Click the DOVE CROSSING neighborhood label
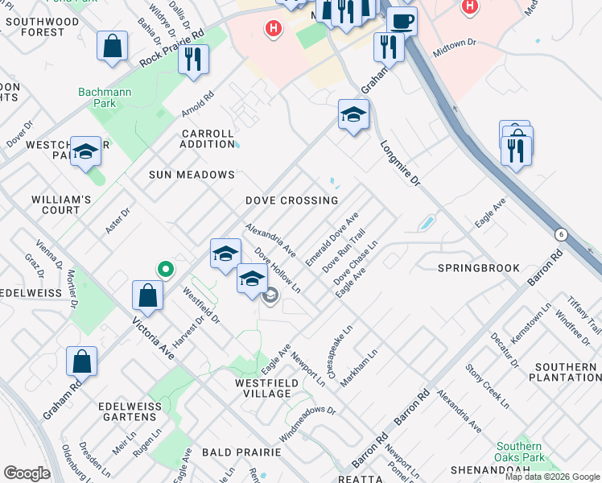291,200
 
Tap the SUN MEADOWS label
192,175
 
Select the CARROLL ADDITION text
208,138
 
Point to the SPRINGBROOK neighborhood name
476,266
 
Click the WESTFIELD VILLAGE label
262,388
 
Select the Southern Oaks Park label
519,452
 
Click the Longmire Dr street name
400,164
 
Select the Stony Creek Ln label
487,386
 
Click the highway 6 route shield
560,234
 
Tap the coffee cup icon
402,21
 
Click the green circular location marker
166,269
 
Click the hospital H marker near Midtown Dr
471,6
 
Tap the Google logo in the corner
27,473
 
